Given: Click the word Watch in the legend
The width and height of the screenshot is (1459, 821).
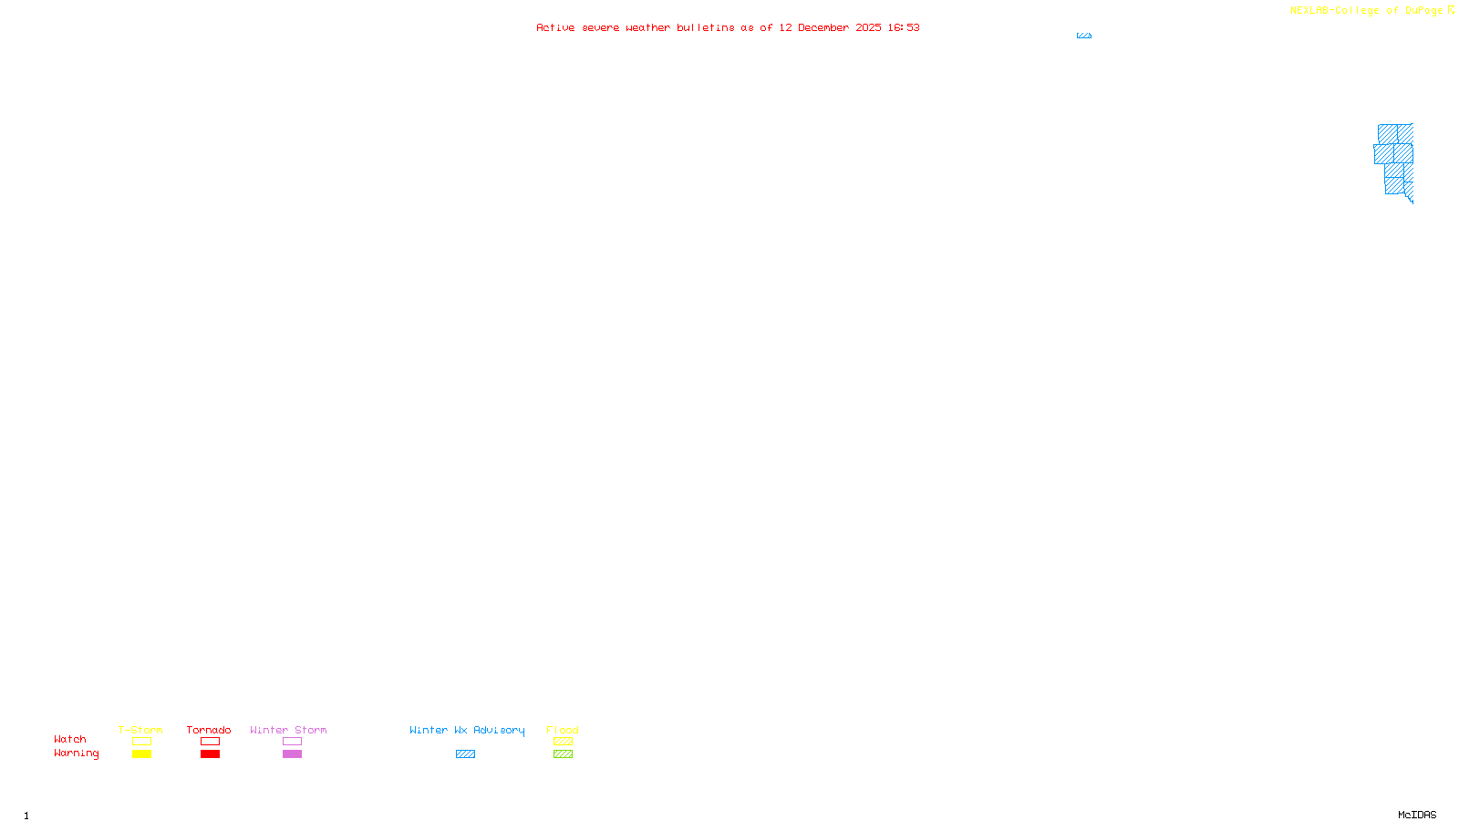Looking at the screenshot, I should [70, 739].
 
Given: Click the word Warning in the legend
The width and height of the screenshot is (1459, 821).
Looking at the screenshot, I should [76, 753].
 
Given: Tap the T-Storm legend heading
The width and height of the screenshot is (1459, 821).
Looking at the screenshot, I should [140, 730].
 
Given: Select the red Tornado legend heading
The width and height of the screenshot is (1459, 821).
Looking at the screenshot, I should [209, 730].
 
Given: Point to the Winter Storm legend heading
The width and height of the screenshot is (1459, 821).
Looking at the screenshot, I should [288, 730].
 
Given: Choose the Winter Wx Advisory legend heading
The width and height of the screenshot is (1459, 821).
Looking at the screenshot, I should [467, 730].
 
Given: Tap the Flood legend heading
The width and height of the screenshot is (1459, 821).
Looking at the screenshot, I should [563, 730].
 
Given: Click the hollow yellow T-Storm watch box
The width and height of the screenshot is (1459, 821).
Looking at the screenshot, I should [141, 742].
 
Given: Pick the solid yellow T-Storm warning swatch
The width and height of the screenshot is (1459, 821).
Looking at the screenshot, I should [141, 754].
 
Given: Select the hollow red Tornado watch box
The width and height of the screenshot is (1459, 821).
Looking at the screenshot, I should [210, 742].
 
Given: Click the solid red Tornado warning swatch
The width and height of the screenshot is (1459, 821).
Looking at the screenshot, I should [210, 754].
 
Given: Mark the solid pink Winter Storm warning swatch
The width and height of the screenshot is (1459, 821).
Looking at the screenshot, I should [292, 754].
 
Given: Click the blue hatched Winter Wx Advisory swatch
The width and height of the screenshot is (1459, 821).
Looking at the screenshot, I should [465, 754].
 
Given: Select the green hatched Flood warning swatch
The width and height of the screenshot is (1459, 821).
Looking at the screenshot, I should [563, 754].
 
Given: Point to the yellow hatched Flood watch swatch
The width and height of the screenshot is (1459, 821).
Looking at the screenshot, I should [563, 742].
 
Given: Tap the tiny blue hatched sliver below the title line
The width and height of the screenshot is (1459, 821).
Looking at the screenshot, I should [1084, 36].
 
